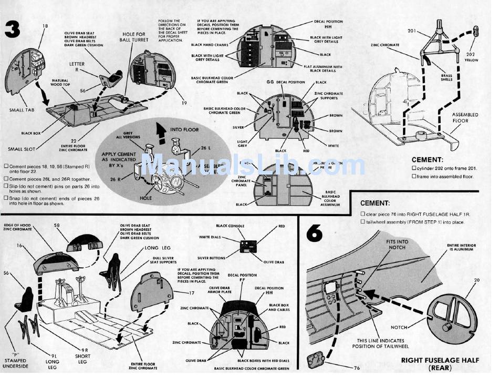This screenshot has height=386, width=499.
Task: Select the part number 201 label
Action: [412, 31]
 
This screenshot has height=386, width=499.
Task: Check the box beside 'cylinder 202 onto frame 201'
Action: [414, 168]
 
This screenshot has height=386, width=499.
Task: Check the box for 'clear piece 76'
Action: [362, 214]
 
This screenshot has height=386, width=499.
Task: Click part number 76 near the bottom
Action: [357, 368]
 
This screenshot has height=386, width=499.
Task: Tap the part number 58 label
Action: [57, 225]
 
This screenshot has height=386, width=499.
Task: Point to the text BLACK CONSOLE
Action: [230, 226]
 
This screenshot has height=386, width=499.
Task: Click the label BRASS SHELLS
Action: [446, 78]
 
